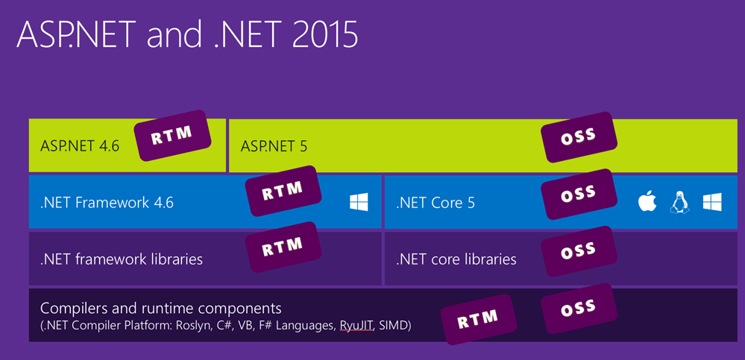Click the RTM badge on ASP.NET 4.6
[x=173, y=136]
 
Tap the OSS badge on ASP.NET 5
[x=579, y=137]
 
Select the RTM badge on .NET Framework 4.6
[x=283, y=191]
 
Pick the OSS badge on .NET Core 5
[x=579, y=195]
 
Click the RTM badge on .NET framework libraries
[x=283, y=247]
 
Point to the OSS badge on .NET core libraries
[x=579, y=251]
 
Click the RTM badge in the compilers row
[x=479, y=319]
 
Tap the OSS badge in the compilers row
[x=579, y=309]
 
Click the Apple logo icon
[x=647, y=201]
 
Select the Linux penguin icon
[x=679, y=202]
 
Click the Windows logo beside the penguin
[x=712, y=202]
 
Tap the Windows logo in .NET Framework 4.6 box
[x=359, y=202]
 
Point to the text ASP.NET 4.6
[x=80, y=146]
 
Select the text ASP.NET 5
[x=274, y=146]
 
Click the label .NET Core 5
[x=436, y=203]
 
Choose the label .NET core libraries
[x=456, y=259]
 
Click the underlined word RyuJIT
[x=355, y=326]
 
